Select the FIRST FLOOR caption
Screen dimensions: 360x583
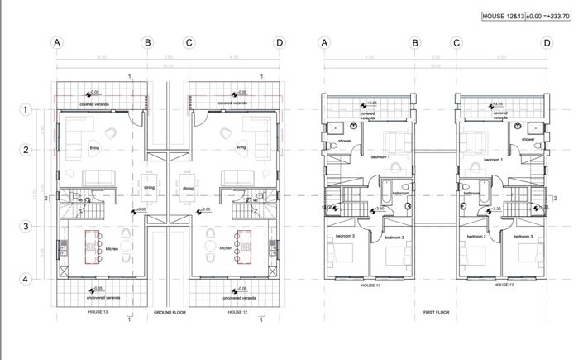pyautogui.click(x=429, y=314)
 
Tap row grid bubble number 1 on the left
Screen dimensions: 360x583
pyautogui.click(x=26, y=109)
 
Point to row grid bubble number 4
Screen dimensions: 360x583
pyautogui.click(x=26, y=280)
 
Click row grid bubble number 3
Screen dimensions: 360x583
pyautogui.click(x=26, y=227)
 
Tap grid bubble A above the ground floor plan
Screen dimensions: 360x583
pyautogui.click(x=57, y=43)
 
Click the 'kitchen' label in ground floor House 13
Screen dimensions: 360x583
pyautogui.click(x=111, y=248)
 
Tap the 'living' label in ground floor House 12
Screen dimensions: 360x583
pyautogui.click(x=241, y=148)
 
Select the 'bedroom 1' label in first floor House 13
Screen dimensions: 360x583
pyautogui.click(x=380, y=157)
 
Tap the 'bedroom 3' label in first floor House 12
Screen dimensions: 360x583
pyautogui.click(x=523, y=237)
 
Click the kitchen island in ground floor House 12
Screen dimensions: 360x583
pyautogui.click(x=243, y=245)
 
